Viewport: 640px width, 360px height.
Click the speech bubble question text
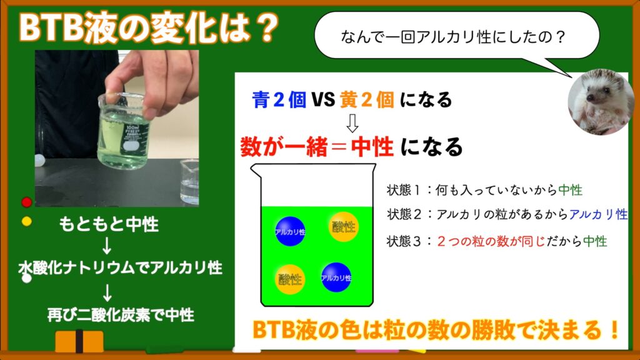452,37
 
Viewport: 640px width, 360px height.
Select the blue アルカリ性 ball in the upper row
290,231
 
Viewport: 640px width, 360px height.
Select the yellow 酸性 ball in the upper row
343,227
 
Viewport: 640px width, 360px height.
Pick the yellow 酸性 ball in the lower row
290,279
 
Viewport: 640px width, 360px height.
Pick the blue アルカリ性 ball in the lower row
336,277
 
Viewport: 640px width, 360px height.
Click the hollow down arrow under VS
352,123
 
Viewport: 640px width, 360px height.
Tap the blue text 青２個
279,100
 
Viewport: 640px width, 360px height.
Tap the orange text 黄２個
367,100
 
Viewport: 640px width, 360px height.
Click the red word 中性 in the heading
372,147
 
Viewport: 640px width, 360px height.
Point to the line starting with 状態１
484,190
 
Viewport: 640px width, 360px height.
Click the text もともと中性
109,224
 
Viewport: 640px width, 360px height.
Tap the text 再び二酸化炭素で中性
121,315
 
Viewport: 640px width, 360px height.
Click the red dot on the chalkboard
27,202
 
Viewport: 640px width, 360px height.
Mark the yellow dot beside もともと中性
27,222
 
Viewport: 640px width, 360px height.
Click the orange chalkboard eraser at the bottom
79,341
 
